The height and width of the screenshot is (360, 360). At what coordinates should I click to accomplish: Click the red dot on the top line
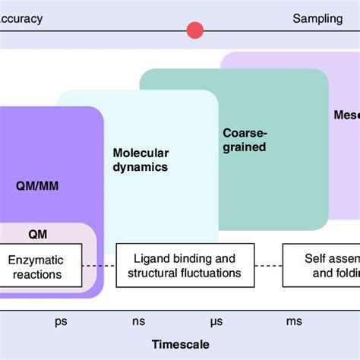195,30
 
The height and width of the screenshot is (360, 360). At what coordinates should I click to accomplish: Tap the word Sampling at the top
317,18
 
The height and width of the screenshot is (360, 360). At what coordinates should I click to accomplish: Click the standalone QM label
38,235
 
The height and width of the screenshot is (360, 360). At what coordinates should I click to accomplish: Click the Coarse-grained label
245,140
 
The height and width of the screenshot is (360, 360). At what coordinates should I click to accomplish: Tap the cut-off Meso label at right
346,116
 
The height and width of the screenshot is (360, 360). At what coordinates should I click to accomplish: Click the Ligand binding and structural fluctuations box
184,266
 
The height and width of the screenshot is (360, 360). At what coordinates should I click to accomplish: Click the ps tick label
62,321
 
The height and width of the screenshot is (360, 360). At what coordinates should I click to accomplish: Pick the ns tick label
139,321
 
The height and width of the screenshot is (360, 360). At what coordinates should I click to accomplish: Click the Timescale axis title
180,343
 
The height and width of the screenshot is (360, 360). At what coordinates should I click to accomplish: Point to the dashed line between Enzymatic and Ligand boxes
99,266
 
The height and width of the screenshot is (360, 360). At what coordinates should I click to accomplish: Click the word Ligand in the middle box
150,258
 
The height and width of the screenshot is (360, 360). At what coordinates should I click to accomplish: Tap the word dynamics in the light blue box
141,167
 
